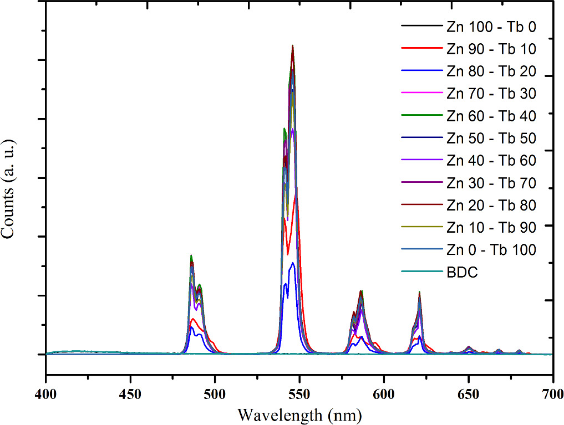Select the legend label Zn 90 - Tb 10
click(491, 49)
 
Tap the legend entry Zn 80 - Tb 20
click(491, 71)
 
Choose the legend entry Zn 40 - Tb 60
click(491, 161)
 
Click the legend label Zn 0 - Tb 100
click(491, 250)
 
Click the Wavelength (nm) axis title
click(299, 413)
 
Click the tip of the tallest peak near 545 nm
click(292, 46)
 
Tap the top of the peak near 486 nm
click(191, 255)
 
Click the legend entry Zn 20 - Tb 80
click(491, 205)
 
